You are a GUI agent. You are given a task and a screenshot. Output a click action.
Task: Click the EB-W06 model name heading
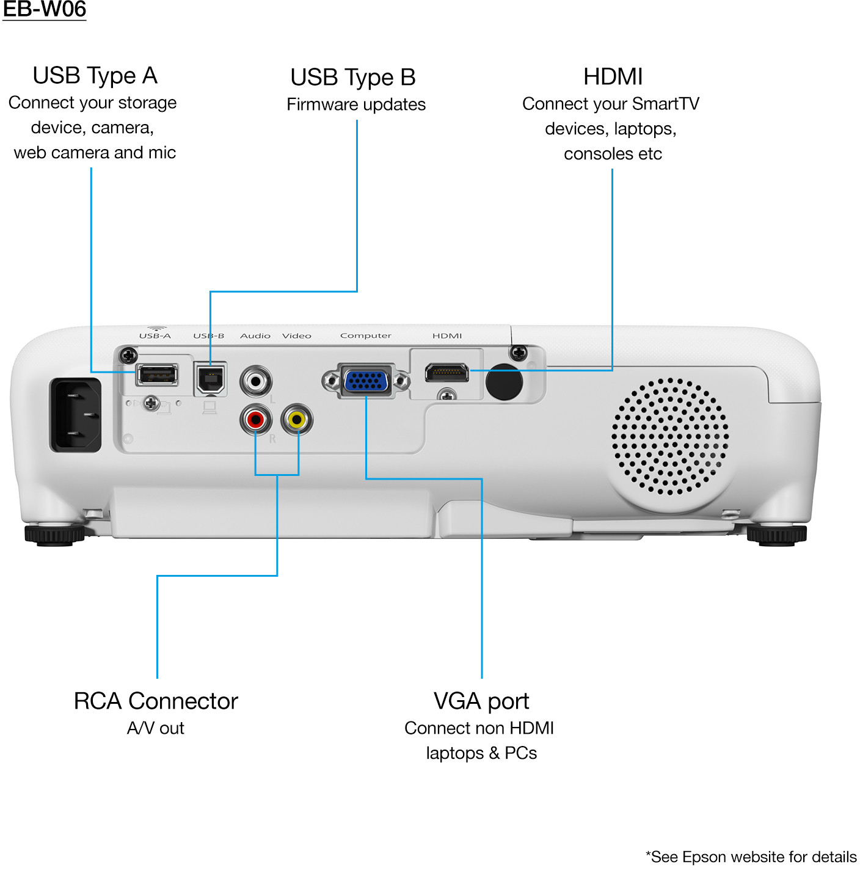pos(44,10)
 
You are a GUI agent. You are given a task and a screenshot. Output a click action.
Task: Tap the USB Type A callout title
pos(95,76)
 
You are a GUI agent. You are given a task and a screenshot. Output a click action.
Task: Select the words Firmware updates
pos(356,104)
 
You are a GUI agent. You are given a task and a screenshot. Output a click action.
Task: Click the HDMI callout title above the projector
pos(613,77)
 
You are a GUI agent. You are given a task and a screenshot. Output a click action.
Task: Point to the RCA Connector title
pos(156,701)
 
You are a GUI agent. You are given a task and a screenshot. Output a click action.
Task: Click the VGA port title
pos(481,701)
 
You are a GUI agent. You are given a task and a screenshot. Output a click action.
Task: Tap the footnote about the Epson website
pos(751,857)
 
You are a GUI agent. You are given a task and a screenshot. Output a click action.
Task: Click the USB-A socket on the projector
pos(157,375)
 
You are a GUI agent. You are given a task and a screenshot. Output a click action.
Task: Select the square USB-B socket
pos(210,379)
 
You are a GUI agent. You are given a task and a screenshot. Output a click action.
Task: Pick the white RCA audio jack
pos(256,381)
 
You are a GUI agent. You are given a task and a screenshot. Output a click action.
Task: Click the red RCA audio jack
pos(255,420)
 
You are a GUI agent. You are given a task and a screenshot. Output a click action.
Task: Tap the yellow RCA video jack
pos(296,420)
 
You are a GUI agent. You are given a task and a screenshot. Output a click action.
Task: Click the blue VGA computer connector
pos(366,381)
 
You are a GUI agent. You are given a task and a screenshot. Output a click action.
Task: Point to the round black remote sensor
pos(504,382)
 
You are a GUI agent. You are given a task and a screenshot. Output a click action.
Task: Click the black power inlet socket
pos(76,415)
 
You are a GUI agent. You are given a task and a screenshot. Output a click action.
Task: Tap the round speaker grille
pos(670,436)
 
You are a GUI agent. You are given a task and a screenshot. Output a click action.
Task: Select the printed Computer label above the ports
pos(365,335)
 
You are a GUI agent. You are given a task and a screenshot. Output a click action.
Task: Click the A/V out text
pos(155,728)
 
